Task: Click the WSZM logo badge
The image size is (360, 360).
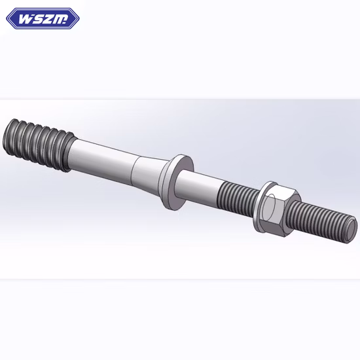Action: point(43,18)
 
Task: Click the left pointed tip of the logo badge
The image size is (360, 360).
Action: point(8,18)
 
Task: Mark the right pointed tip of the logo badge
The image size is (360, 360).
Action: point(78,18)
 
